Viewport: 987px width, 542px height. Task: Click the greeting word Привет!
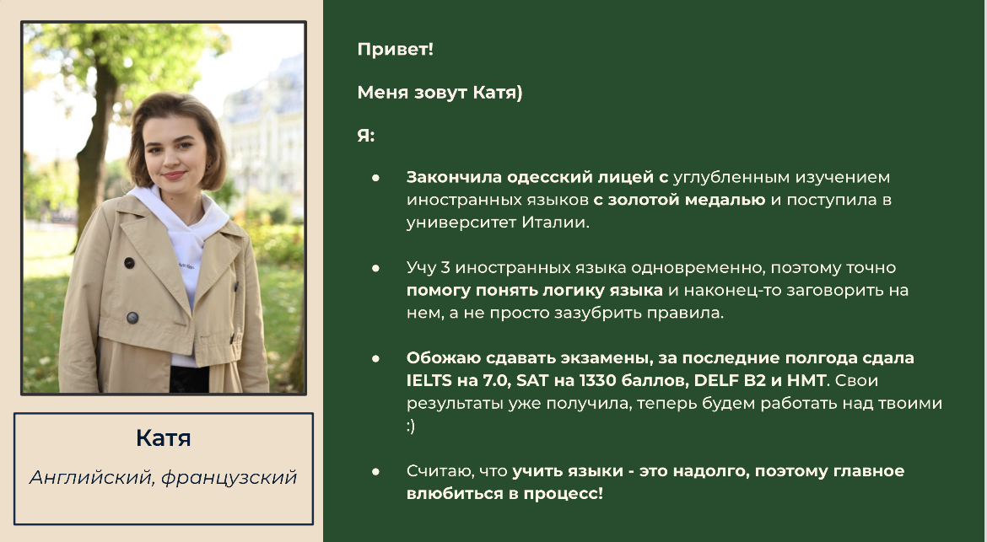coord(396,49)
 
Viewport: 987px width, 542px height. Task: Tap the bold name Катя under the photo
coord(163,437)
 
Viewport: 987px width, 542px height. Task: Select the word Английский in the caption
coord(91,477)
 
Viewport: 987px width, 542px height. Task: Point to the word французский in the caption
coord(229,478)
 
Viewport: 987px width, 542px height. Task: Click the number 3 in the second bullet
coord(445,268)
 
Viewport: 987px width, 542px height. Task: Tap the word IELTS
coord(429,380)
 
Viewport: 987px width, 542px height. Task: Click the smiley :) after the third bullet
coord(411,426)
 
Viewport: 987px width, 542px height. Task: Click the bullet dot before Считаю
coord(375,471)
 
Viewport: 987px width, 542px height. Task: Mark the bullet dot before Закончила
coord(375,178)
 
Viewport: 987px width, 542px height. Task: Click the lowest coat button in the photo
coord(132,318)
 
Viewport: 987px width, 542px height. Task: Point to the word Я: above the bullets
coord(366,135)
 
